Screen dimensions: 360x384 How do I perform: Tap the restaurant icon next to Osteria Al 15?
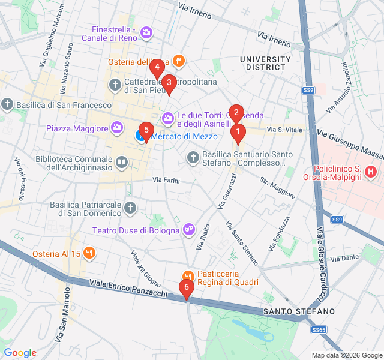click(x=89, y=253)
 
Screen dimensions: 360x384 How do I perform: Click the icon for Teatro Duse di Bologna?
click(x=189, y=229)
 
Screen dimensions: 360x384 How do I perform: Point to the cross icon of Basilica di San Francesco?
click(x=7, y=105)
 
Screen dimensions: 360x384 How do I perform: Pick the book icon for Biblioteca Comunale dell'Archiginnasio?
click(x=122, y=161)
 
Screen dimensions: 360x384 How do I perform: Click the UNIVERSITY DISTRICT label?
click(x=265, y=64)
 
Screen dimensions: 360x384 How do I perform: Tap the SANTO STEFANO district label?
click(x=299, y=312)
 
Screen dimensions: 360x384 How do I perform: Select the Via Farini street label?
click(x=166, y=179)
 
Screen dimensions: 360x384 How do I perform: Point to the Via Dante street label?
click(x=343, y=259)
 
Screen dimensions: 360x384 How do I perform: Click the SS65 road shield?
click(x=319, y=330)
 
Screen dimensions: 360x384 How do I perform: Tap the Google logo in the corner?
click(x=20, y=353)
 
